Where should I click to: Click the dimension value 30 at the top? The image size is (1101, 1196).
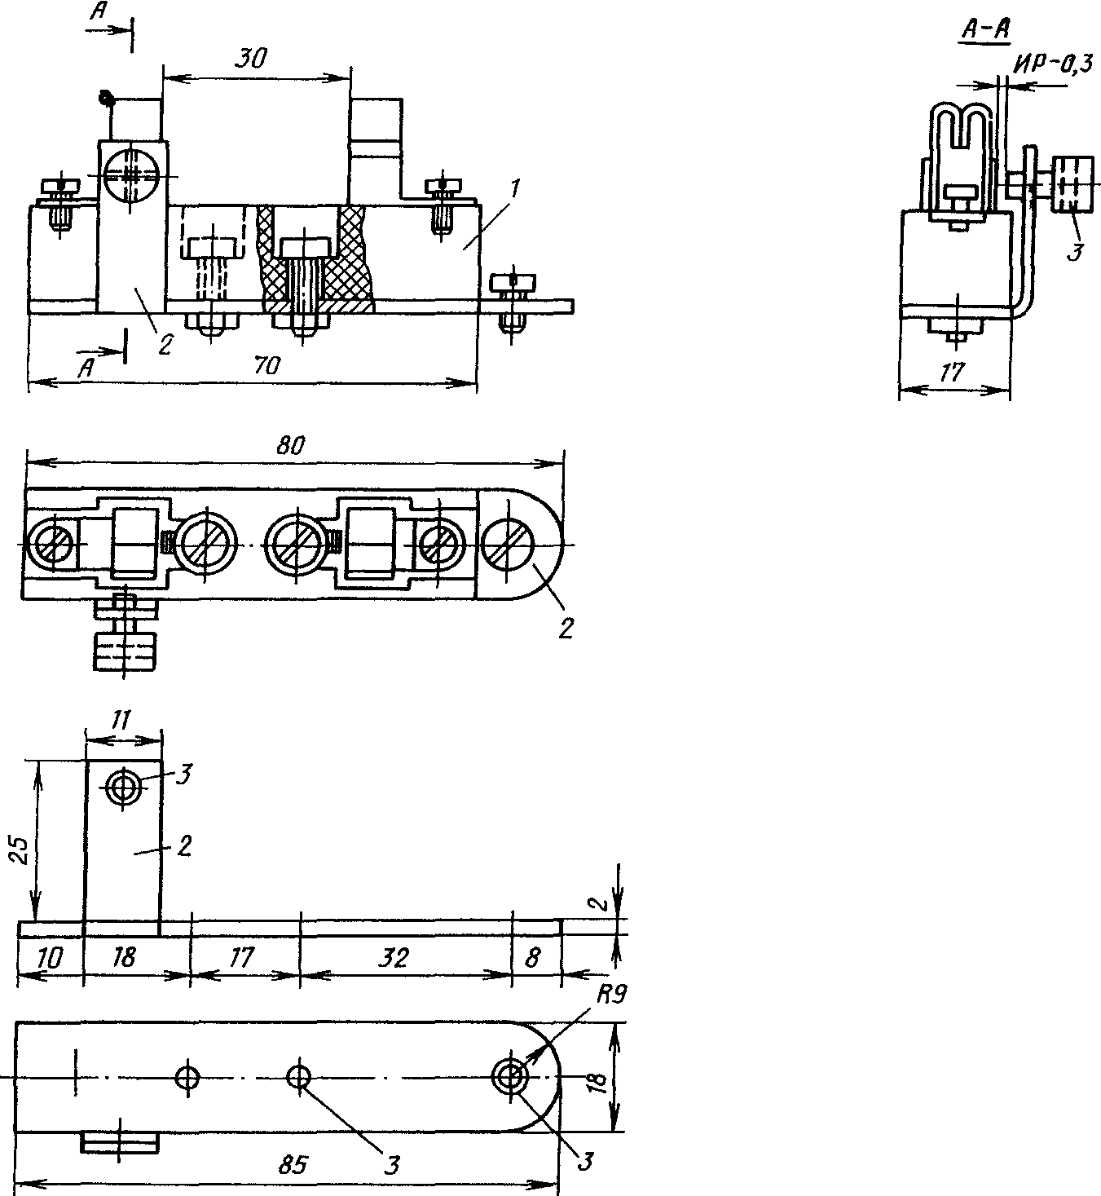[249, 59]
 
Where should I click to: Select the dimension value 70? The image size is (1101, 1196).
[266, 365]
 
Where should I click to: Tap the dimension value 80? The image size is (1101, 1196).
[291, 445]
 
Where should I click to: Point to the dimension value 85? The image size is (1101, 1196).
[293, 1164]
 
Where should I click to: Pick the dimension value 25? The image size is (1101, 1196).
[20, 851]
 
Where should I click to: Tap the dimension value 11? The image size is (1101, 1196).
[121, 721]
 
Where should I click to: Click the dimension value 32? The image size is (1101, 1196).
[394, 957]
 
